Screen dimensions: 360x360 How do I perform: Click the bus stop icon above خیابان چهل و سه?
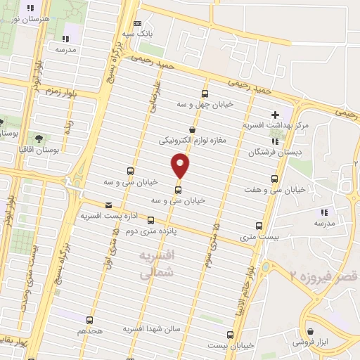[205, 94]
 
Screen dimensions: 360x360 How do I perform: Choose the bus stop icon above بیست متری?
[259, 226]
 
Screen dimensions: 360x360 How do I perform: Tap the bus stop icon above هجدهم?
[89, 320]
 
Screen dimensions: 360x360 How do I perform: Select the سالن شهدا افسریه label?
[153, 328]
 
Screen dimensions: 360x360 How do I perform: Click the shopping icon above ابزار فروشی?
[310, 330]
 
